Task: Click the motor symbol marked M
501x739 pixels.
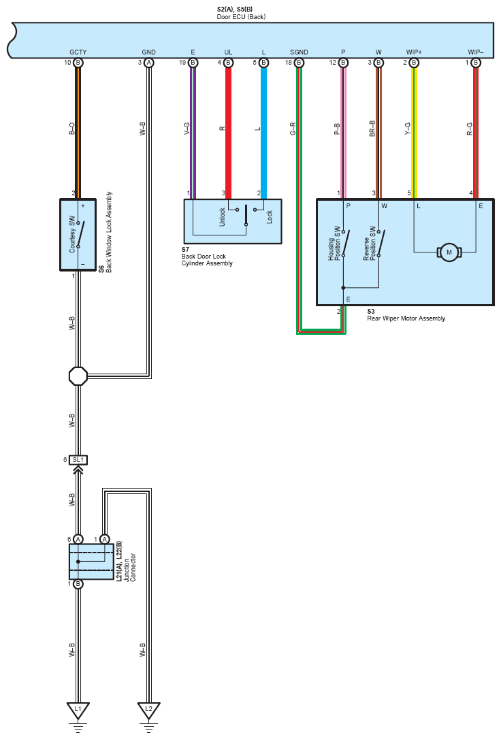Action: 449,252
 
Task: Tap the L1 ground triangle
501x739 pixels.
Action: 78,710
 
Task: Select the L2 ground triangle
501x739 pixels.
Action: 149,710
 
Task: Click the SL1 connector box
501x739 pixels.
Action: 78,459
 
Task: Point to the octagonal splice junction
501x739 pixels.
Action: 78,376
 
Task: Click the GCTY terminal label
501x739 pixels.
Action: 78,52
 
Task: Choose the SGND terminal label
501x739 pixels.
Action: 299,52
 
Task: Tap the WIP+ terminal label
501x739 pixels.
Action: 414,52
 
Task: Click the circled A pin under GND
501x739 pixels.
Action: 149,63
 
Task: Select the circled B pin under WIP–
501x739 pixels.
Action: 476,63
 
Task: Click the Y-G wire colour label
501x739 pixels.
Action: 408,129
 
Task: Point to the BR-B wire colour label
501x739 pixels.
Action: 372,129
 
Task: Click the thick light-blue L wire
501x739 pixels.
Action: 263,133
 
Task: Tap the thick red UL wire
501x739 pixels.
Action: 228,133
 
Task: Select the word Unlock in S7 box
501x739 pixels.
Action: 222,217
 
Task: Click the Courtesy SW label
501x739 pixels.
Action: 72,234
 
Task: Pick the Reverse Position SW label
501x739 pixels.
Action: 370,244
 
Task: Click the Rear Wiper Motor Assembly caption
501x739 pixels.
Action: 406,318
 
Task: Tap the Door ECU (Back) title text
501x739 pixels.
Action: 241,16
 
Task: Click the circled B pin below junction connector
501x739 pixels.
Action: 78,584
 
